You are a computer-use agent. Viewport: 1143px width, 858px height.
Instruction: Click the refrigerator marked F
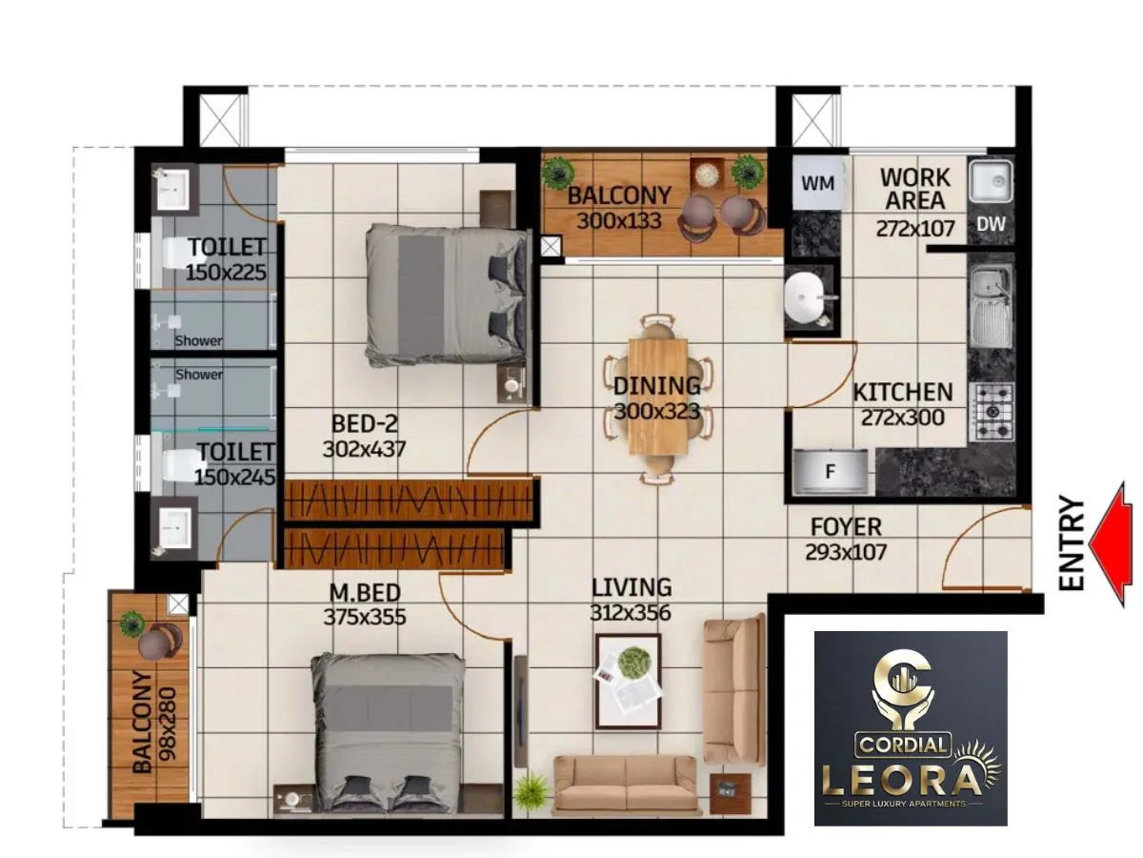point(832,470)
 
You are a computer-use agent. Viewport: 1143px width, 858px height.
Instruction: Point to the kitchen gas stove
point(992,412)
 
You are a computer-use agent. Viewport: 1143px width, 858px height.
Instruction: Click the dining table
point(657,398)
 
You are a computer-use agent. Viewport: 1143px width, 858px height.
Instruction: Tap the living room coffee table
point(628,674)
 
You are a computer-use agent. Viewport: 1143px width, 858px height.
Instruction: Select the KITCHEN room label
point(902,392)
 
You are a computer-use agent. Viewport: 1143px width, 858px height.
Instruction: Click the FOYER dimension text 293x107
point(846,551)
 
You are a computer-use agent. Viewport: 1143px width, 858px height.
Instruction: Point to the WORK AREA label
point(913,189)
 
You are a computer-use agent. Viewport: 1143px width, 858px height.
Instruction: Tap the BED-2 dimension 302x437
point(364,449)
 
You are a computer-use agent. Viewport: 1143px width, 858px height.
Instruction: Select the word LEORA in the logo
point(900,779)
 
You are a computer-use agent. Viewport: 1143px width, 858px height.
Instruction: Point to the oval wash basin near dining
point(808,297)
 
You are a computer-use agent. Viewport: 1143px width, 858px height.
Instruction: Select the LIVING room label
point(631,587)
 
